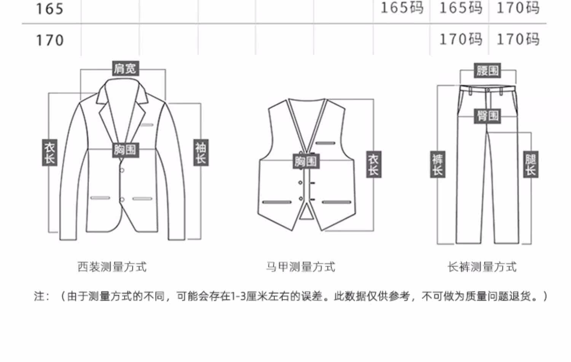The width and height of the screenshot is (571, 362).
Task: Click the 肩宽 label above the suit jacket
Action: (125, 69)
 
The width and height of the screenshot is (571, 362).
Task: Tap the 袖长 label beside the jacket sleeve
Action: (201, 153)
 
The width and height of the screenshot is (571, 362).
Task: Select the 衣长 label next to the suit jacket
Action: (49, 153)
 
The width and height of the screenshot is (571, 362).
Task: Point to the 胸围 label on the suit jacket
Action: (125, 150)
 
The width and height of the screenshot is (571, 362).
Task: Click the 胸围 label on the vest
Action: (306, 161)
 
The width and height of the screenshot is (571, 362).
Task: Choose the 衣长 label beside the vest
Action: (373, 164)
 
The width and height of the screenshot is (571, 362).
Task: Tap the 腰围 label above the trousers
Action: (488, 70)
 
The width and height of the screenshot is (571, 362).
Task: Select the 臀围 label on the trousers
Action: (488, 116)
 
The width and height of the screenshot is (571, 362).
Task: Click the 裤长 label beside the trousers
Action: (437, 164)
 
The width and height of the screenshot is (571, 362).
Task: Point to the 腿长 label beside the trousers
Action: (531, 164)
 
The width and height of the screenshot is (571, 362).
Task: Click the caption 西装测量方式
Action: (112, 267)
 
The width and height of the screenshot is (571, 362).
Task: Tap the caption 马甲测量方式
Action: (300, 267)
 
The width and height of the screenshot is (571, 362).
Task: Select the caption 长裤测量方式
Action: (482, 267)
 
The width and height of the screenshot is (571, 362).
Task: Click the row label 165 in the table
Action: (49, 9)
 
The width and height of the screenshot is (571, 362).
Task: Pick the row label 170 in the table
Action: (49, 40)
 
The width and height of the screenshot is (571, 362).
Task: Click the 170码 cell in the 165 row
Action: (518, 8)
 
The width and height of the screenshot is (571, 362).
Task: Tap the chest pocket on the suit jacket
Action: (147, 125)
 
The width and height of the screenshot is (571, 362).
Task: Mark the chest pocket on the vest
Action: (325, 143)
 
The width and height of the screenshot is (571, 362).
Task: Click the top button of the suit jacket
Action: (122, 170)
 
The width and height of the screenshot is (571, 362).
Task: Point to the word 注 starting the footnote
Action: (39, 296)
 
